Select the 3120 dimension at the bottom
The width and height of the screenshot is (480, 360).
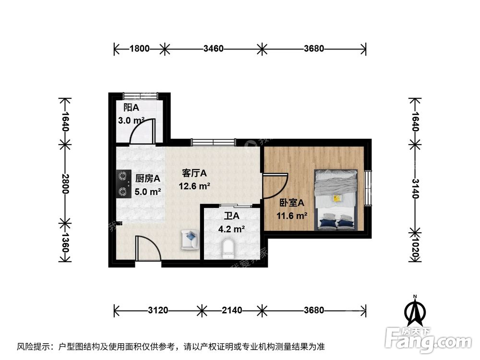click(158, 310)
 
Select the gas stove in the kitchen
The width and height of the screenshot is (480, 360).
click(123, 184)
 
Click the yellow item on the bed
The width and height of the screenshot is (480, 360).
click(337, 198)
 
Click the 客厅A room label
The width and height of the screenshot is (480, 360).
click(194, 173)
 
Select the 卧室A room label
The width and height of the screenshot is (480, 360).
click(289, 204)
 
